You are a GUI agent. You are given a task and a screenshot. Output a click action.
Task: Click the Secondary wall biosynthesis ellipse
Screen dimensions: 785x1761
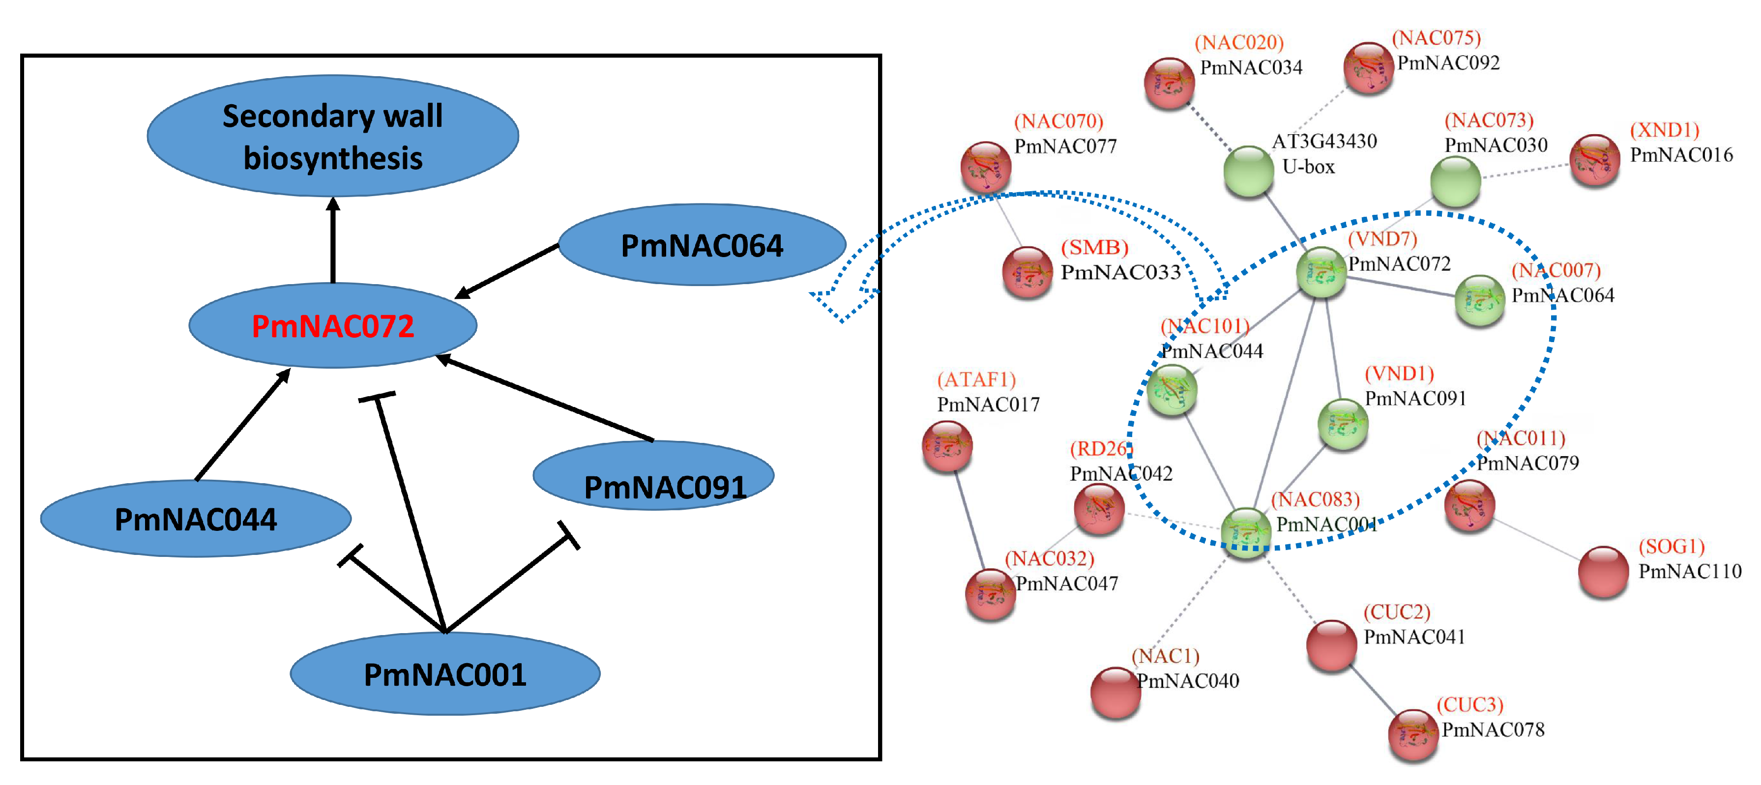click(x=333, y=136)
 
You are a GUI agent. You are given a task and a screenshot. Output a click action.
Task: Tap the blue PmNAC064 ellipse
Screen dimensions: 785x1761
click(x=702, y=245)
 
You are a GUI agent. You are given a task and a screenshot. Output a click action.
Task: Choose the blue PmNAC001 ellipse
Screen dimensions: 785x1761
click(x=444, y=674)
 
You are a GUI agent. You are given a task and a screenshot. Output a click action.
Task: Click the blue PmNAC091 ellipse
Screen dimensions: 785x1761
click(x=653, y=476)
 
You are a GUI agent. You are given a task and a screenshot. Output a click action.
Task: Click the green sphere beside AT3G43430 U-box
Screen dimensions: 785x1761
click(x=1248, y=171)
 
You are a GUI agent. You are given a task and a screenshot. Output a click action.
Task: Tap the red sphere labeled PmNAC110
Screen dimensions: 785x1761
click(x=1603, y=571)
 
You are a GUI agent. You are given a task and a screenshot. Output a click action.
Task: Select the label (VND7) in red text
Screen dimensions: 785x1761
click(x=1382, y=238)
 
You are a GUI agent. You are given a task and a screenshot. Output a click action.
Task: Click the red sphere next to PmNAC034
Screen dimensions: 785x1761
click(x=1169, y=83)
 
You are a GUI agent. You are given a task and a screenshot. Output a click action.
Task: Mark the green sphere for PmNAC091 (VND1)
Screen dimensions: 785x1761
click(x=1343, y=424)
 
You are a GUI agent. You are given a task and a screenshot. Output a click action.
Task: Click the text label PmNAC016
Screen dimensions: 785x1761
click(x=1681, y=155)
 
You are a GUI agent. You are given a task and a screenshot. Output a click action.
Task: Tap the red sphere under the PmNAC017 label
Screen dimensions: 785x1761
click(x=947, y=446)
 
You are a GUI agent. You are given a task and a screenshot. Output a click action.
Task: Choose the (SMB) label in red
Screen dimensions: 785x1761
click(x=1094, y=248)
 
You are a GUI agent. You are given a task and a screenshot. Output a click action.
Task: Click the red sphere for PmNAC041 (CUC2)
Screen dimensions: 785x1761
click(x=1331, y=645)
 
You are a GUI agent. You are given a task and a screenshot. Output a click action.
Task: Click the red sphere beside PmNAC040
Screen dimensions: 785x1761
click(x=1115, y=693)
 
